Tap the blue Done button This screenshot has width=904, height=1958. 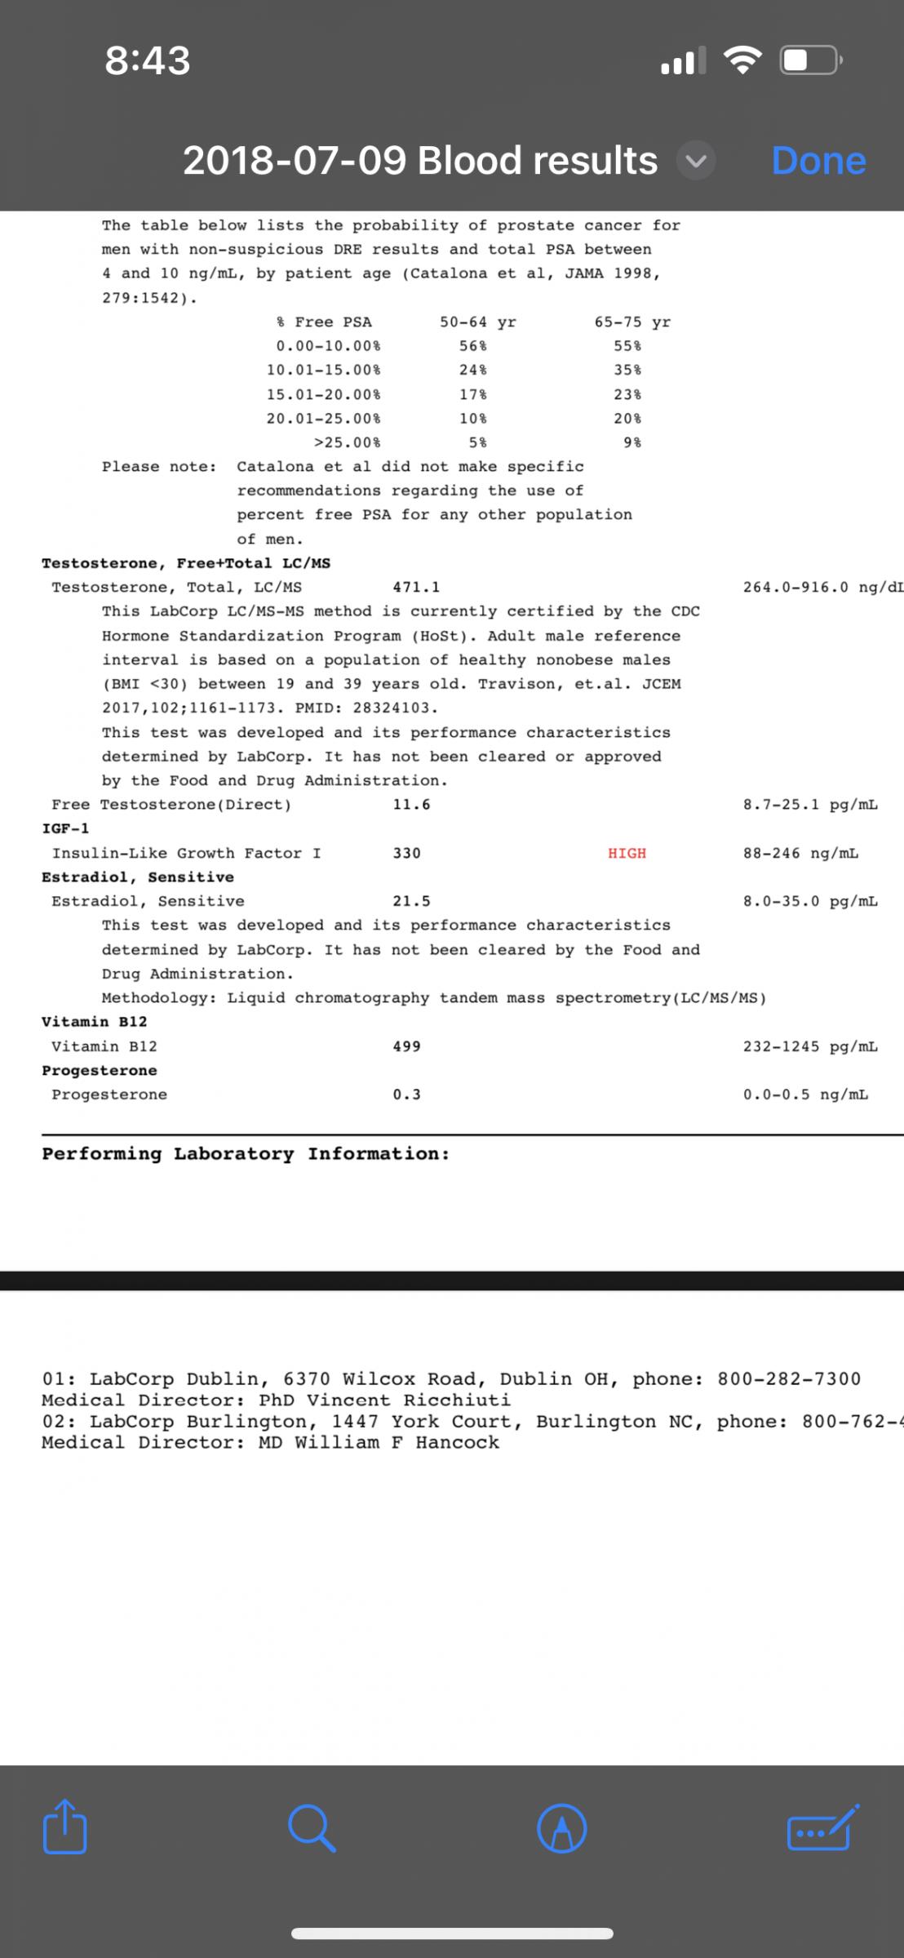(x=818, y=161)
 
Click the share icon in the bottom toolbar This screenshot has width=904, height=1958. (x=65, y=1827)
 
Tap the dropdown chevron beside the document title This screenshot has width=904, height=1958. (x=696, y=161)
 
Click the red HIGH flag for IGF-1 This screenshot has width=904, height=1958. (x=627, y=853)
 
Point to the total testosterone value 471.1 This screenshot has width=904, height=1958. (x=416, y=587)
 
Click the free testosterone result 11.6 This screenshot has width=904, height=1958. (x=411, y=804)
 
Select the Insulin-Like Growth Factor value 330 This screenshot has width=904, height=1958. (x=406, y=853)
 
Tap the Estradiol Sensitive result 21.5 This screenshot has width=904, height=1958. (x=411, y=901)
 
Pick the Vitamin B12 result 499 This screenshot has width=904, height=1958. (x=406, y=1046)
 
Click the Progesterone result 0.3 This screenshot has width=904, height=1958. (x=406, y=1094)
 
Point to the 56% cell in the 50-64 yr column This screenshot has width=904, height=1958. (x=473, y=346)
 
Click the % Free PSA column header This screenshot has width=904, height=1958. (x=324, y=322)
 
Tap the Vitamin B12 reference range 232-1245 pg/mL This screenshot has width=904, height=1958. (x=810, y=1046)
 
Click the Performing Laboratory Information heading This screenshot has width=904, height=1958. (x=246, y=1153)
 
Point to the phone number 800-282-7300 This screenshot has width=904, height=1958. (x=789, y=1379)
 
